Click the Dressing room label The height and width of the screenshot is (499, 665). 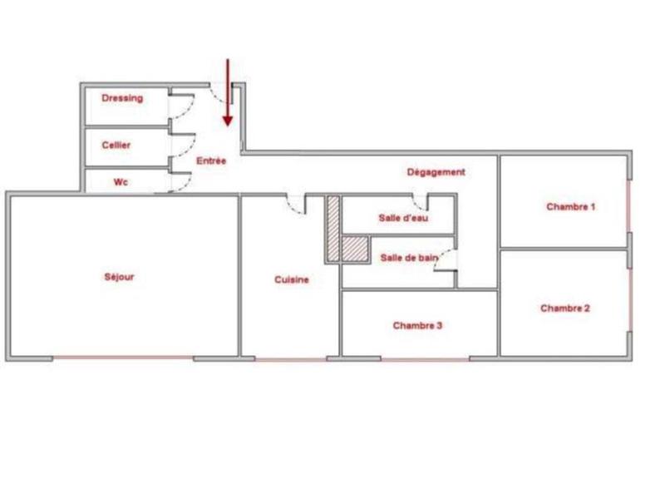[x=122, y=98]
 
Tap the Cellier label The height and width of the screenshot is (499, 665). [x=116, y=145]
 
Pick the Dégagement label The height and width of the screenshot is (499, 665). [x=436, y=172]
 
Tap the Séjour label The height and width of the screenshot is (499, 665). [x=120, y=277]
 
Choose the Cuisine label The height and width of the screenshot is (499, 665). [x=292, y=279]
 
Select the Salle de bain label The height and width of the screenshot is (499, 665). [x=409, y=258]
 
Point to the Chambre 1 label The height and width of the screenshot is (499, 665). [x=570, y=206]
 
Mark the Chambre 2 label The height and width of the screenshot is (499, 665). [x=565, y=308]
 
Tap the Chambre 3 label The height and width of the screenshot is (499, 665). [x=417, y=325]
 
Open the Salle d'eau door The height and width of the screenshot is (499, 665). [x=421, y=202]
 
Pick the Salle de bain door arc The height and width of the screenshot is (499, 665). [x=446, y=260]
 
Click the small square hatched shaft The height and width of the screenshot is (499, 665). [x=355, y=249]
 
